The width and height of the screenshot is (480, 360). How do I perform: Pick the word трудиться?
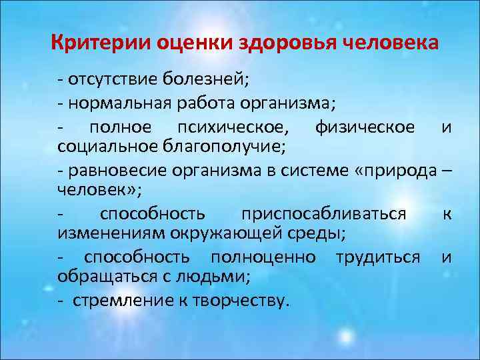pyautogui.click(x=378, y=257)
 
